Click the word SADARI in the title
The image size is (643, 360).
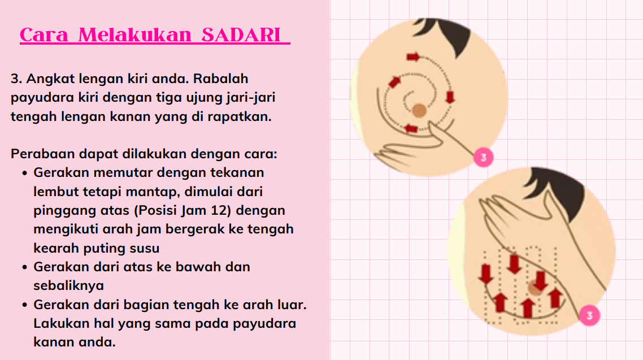tap(241, 35)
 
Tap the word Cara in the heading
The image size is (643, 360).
tap(44, 35)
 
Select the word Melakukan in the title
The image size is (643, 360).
tap(135, 35)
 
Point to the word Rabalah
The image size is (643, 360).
tap(220, 79)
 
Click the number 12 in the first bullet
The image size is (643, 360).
tap(218, 210)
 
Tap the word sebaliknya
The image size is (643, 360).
tap(68, 285)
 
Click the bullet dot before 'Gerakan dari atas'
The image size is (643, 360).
tap(25, 267)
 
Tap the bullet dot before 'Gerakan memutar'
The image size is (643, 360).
tap(25, 173)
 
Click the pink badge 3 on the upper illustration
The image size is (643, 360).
tap(484, 158)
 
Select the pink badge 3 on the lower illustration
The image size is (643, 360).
tap(590, 315)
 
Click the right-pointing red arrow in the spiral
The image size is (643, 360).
tap(414, 57)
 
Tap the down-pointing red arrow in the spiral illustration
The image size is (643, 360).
tap(450, 97)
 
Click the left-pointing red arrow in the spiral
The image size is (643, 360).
tap(411, 129)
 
